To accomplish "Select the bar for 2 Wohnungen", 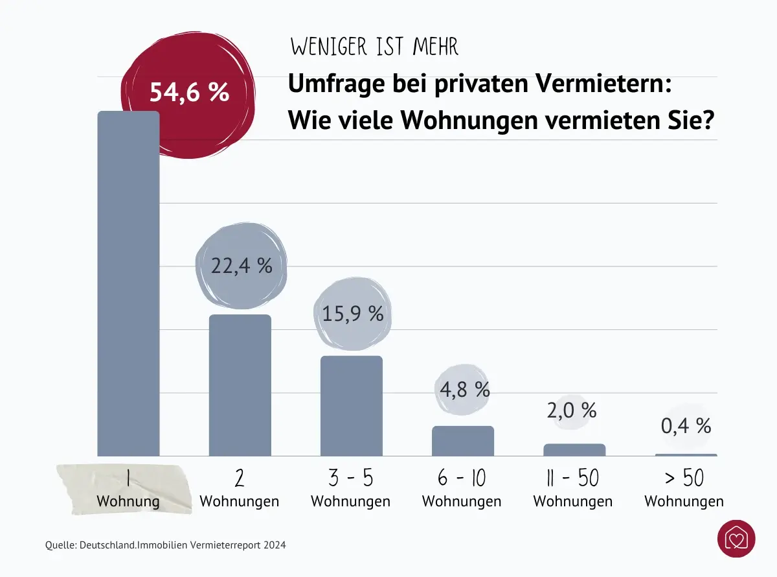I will (x=240, y=386).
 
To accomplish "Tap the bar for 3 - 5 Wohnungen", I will (x=352, y=406).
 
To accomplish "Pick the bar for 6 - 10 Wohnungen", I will (x=462, y=441).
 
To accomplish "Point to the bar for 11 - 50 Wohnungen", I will (x=574, y=449).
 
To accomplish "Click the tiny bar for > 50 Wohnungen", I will (x=686, y=454).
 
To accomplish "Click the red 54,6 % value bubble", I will (x=189, y=92).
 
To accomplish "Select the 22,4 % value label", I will (x=242, y=265).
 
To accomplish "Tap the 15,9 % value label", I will (x=353, y=314).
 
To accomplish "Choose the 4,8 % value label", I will (x=464, y=389).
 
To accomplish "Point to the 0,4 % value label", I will (x=686, y=426).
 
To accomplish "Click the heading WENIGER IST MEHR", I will (x=374, y=47).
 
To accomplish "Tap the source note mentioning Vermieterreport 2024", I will (x=166, y=545).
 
